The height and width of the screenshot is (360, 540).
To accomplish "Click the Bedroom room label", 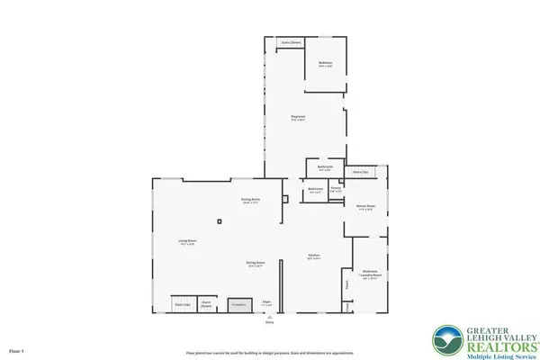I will pyautogui.click(x=326, y=64).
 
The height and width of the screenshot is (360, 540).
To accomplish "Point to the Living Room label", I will pyautogui.click(x=186, y=242).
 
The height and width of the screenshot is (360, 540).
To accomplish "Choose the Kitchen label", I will pyautogui.click(x=314, y=256).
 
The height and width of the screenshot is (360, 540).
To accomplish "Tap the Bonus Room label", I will pyautogui.click(x=365, y=207).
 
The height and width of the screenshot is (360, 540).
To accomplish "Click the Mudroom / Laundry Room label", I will pyautogui.click(x=370, y=273).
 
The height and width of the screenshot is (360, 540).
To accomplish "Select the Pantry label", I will pyautogui.click(x=335, y=189).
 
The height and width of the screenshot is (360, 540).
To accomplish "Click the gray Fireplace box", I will pyautogui.click(x=239, y=306).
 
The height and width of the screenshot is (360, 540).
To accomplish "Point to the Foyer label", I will pyautogui.click(x=266, y=303).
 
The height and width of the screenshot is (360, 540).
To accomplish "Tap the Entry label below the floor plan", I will pyautogui.click(x=267, y=321).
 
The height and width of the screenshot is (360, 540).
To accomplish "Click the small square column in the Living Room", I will pyautogui.click(x=220, y=221).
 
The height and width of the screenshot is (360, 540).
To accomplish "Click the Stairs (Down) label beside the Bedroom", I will pyautogui.click(x=290, y=42).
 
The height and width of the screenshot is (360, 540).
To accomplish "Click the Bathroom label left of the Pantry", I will pyautogui.click(x=316, y=190).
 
